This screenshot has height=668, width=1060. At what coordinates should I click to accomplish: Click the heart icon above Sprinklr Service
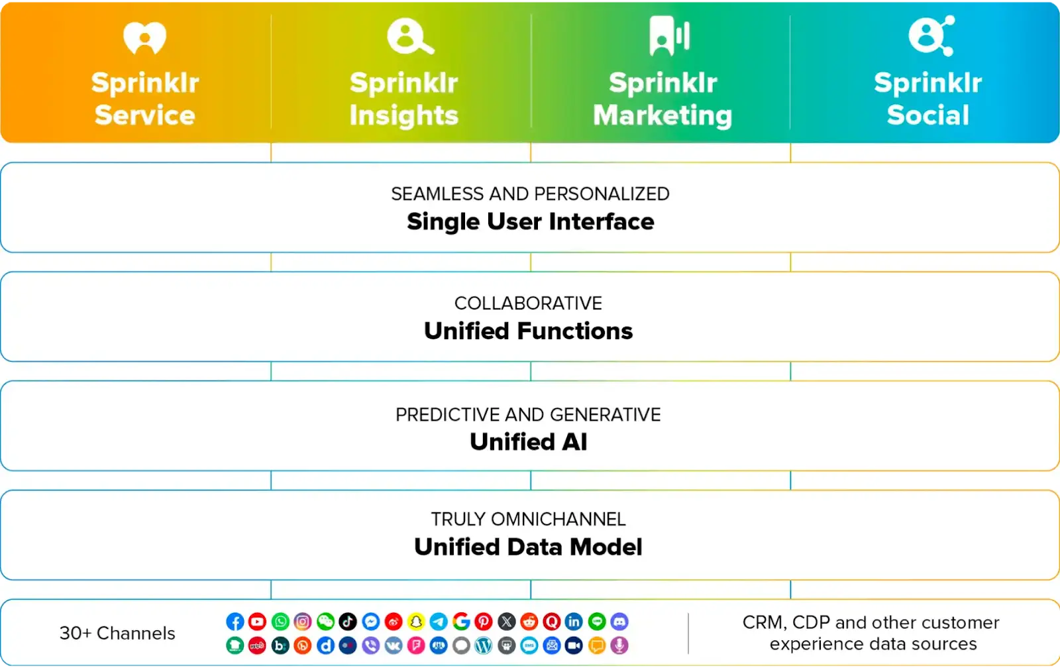coord(144,38)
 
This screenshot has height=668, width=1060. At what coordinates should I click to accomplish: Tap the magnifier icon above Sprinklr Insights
coord(409,36)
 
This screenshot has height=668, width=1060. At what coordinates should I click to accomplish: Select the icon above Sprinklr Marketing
coord(669,36)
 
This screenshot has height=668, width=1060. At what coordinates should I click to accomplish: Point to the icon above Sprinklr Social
coord(930,36)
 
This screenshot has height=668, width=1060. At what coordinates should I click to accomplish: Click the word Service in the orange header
coord(145,115)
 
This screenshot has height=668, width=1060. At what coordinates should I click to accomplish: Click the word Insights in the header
coord(404,115)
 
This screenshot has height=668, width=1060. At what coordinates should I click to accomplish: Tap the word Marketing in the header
coord(662,115)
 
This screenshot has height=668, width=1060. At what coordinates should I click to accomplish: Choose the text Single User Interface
coord(530,221)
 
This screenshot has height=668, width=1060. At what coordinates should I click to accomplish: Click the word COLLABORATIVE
coord(528,304)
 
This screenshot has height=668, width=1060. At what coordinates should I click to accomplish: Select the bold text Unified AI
coord(528,442)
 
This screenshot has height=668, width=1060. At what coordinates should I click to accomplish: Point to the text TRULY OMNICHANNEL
coord(528,519)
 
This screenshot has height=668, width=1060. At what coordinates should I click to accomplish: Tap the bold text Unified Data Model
coord(528,547)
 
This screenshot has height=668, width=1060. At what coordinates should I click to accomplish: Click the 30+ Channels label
coord(117,634)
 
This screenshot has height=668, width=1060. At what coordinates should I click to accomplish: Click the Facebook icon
coord(235,622)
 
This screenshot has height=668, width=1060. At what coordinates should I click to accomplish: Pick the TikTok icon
coord(348,622)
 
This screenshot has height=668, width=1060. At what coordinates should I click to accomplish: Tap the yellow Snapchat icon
coord(416,622)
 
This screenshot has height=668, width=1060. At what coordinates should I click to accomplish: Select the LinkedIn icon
coord(574,622)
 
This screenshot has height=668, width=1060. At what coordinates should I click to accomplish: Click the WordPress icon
coord(484,645)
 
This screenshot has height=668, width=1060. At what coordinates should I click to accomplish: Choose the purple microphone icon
coord(619,645)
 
